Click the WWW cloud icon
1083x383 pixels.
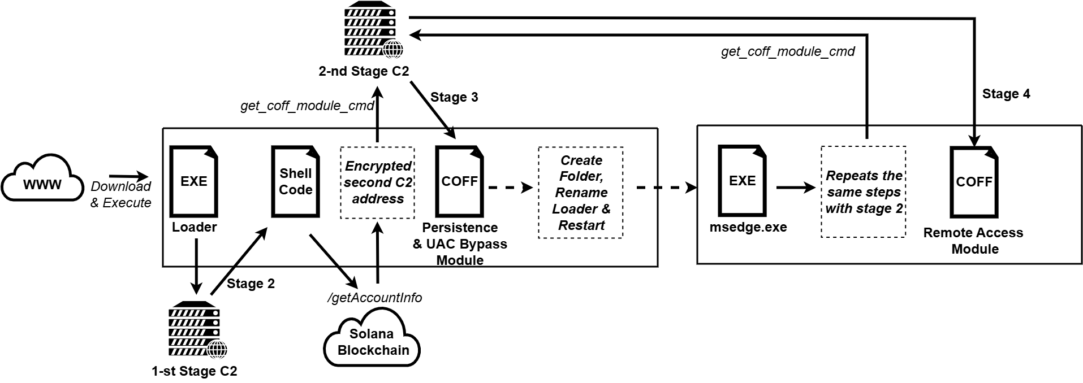pyautogui.click(x=42, y=181)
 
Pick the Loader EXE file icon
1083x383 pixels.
pyautogui.click(x=194, y=181)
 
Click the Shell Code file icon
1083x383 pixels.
pyautogui.click(x=295, y=181)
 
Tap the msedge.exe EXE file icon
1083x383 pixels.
pyautogui.click(x=742, y=181)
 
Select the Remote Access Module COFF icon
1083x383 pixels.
pyautogui.click(x=974, y=181)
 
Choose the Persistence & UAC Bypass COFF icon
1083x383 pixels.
pyautogui.click(x=459, y=181)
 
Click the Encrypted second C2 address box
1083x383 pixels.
pyautogui.click(x=377, y=183)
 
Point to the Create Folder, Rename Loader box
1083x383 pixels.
pyautogui.click(x=581, y=193)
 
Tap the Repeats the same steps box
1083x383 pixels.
pyautogui.click(x=864, y=192)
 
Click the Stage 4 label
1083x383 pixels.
pyautogui.click(x=1006, y=94)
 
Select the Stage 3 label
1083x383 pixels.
pyautogui.click(x=454, y=97)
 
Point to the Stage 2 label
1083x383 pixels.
pyautogui.click(x=251, y=284)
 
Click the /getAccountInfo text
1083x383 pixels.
pyautogui.click(x=374, y=298)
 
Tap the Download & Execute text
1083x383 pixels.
pyautogui.click(x=121, y=194)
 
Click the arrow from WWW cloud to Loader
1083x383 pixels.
pyautogui.click(x=128, y=176)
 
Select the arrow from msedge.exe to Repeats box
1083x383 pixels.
pyautogui.click(x=797, y=187)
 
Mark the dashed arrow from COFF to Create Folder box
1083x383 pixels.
pyautogui.click(x=511, y=187)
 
